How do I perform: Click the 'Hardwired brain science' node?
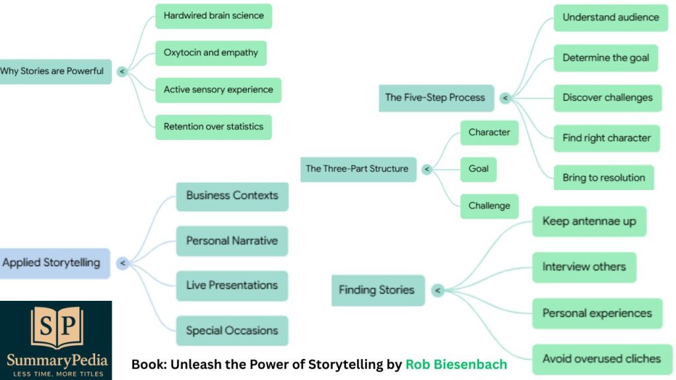coord(213,16)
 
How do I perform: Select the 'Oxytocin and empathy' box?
coord(211,53)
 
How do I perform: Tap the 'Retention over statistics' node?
coord(213,127)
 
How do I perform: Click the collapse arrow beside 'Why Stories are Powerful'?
coord(122,71)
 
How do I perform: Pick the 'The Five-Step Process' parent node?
coord(436,98)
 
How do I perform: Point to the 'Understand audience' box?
coord(610,18)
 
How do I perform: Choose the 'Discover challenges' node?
coord(607,98)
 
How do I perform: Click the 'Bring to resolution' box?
coord(603,177)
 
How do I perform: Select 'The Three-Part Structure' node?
coord(357,169)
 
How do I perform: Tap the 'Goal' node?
coord(478,169)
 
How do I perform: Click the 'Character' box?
coord(489,133)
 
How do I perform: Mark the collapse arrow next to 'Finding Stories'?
coord(437,290)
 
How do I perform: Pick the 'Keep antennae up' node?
coord(589,221)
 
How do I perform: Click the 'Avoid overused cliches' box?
coord(601,359)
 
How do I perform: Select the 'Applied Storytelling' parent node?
coord(52,263)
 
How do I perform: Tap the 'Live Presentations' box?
coord(232,286)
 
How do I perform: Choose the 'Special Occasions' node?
coord(232,331)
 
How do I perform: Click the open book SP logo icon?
coord(57,328)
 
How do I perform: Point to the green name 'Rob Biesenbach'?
coord(456,364)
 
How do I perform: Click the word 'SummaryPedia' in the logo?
coord(57,360)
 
